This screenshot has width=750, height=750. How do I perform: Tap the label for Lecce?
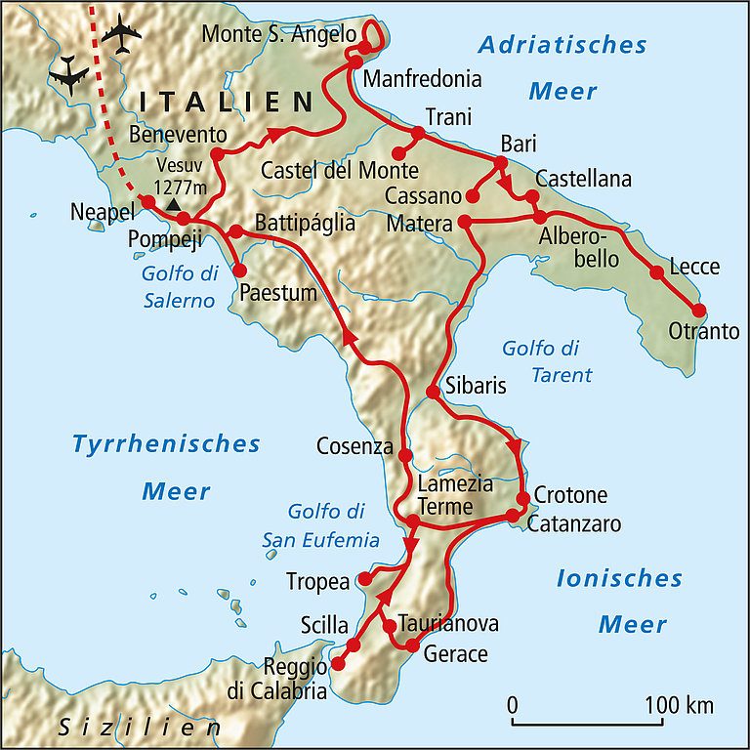[694, 267]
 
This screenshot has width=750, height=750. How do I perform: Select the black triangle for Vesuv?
[173, 205]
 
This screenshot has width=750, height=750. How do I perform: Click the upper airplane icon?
[120, 36]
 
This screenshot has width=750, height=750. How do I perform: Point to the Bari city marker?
[500, 161]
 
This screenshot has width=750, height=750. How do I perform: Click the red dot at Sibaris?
[432, 393]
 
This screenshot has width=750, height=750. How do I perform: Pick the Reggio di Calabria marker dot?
[339, 664]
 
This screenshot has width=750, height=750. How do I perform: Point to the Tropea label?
[317, 582]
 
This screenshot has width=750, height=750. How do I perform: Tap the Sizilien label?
[139, 729]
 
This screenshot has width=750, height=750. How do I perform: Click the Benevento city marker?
[217, 153]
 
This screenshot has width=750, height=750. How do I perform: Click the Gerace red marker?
[412, 646]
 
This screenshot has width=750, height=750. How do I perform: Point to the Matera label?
[419, 224]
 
